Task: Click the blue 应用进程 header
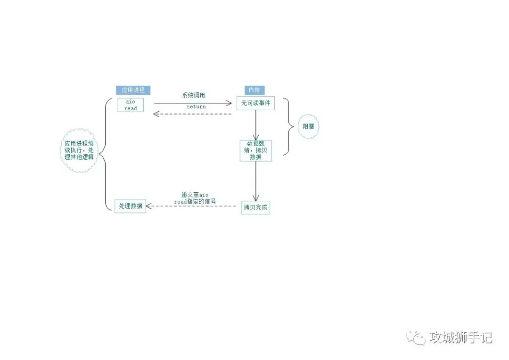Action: tap(133, 90)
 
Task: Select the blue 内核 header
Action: tap(254, 90)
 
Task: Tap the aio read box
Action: tap(131, 105)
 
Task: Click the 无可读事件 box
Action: tap(255, 103)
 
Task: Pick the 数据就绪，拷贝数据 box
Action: tap(256, 150)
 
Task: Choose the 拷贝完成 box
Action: tap(255, 207)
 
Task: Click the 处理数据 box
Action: tap(131, 206)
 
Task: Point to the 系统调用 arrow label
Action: tap(194, 95)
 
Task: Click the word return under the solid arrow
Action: tap(196, 107)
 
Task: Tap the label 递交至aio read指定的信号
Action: tap(195, 198)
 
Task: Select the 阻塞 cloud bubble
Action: tap(308, 126)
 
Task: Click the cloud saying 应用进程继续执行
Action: tap(79, 150)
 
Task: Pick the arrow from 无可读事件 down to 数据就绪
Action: tap(256, 125)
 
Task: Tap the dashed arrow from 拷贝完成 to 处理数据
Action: tap(194, 206)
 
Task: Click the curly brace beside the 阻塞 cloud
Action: tap(287, 126)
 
